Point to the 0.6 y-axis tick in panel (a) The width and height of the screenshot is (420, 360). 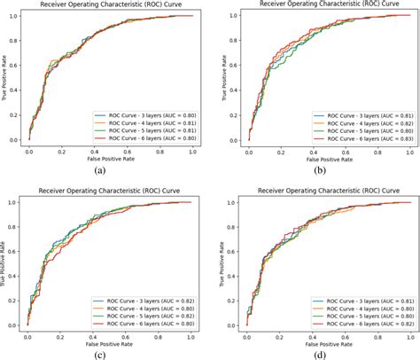click(x=17, y=64)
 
